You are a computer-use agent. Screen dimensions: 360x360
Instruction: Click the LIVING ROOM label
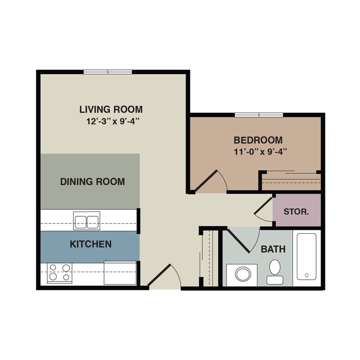tap(111, 109)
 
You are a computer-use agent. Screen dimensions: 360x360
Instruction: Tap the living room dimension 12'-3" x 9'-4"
tap(113, 121)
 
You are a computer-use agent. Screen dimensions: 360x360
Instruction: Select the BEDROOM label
tap(258, 140)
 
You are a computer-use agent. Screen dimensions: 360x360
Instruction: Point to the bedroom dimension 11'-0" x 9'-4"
tap(259, 151)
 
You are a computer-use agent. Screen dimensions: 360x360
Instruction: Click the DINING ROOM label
tap(93, 182)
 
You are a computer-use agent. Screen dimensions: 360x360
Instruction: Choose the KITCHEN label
tap(90, 244)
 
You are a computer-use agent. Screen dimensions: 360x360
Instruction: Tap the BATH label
tap(273, 249)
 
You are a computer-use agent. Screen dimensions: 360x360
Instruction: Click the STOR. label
tap(296, 211)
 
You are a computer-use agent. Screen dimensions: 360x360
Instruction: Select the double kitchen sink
tap(87, 221)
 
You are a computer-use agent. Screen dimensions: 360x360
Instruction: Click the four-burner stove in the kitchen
tap(59, 273)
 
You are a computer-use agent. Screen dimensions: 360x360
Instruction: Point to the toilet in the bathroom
tap(275, 271)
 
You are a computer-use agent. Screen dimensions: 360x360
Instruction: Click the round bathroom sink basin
tap(242, 274)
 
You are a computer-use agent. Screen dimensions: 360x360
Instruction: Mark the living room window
tap(107, 72)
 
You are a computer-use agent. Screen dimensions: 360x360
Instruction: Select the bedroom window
tap(259, 115)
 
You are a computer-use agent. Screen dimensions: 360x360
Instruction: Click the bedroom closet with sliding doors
tap(291, 181)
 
